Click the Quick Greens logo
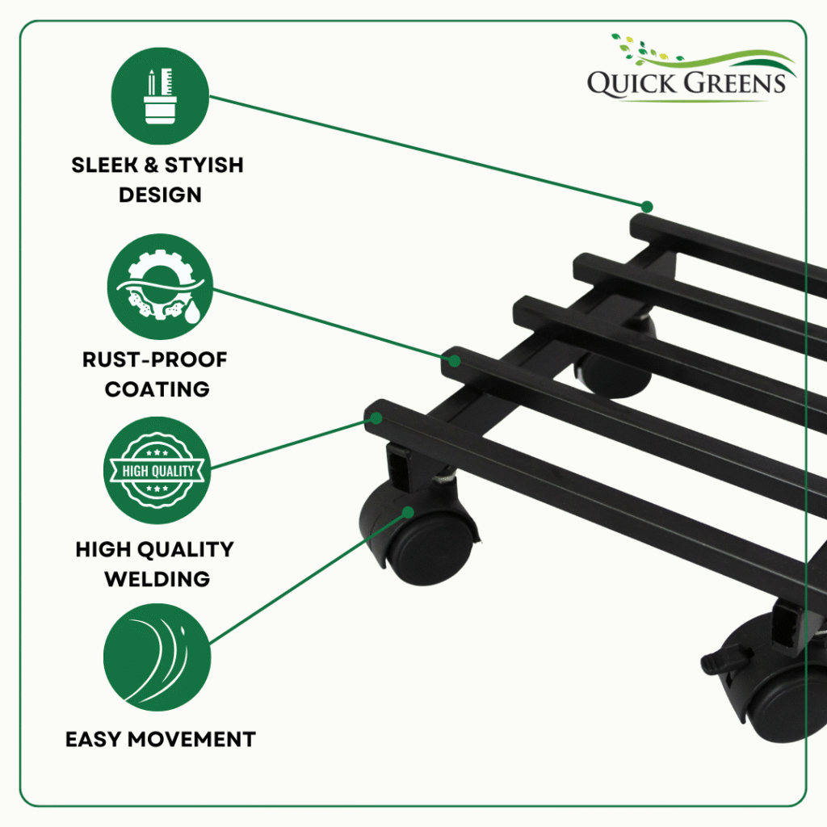click(691, 68)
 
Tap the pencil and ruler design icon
click(160, 96)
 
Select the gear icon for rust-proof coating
click(160, 287)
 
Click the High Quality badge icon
click(157, 470)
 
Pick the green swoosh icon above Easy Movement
click(157, 657)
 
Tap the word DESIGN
click(160, 195)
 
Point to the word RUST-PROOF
click(154, 359)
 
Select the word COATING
click(157, 389)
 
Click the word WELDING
click(157, 579)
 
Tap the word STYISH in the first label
click(204, 165)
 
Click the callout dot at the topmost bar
click(647, 206)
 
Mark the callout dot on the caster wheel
click(408, 512)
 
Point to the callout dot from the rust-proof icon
click(455, 361)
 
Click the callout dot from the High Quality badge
click(376, 418)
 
